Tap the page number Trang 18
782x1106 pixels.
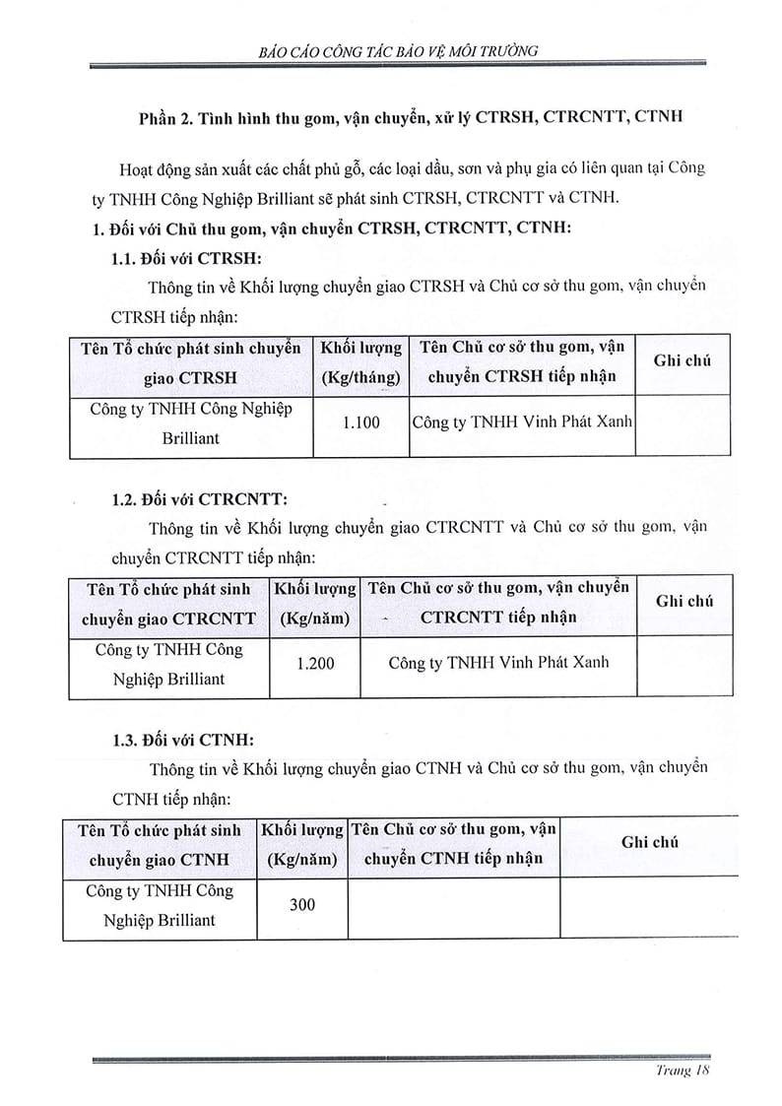683,1071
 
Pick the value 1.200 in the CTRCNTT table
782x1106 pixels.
315,664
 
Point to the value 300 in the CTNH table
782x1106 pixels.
302,903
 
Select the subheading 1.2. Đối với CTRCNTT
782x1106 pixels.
199,498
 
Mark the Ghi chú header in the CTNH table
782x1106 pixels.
650,842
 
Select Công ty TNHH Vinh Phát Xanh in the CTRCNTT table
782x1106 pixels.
498,663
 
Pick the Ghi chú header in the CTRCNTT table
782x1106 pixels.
684,601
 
